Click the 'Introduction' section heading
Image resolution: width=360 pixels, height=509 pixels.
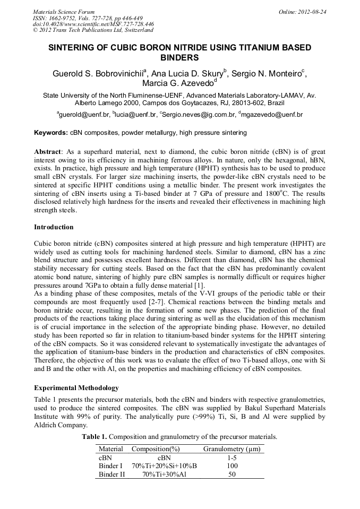54,227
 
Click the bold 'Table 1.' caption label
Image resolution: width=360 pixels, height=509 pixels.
96,436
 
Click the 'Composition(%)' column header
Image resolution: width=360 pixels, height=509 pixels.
156,449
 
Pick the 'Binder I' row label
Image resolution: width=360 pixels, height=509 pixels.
110,465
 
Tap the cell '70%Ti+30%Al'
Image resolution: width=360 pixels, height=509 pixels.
164,474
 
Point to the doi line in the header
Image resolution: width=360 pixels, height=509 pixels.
93,24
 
